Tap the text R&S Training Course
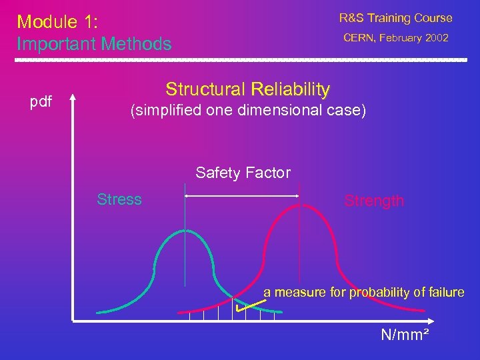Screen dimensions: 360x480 click(x=395, y=18)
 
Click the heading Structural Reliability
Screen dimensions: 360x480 click(x=247, y=89)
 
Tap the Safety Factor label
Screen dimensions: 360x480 click(x=243, y=173)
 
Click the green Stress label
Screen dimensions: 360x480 click(x=119, y=199)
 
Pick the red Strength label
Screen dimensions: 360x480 click(x=374, y=201)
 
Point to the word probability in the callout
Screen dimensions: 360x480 click(x=381, y=292)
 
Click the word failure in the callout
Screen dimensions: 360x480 click(x=448, y=292)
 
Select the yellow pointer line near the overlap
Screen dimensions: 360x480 click(x=252, y=305)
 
